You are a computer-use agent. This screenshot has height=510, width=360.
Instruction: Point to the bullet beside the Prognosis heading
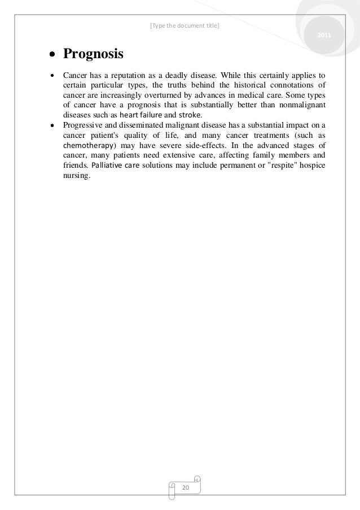pos(52,55)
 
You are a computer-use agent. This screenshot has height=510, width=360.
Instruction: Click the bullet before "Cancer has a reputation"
pos(52,75)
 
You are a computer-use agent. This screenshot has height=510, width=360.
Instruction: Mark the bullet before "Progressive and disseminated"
pos(52,125)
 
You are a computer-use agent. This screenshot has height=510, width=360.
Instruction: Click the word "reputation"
pos(126,75)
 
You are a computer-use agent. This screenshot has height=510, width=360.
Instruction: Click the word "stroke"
pos(189,115)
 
